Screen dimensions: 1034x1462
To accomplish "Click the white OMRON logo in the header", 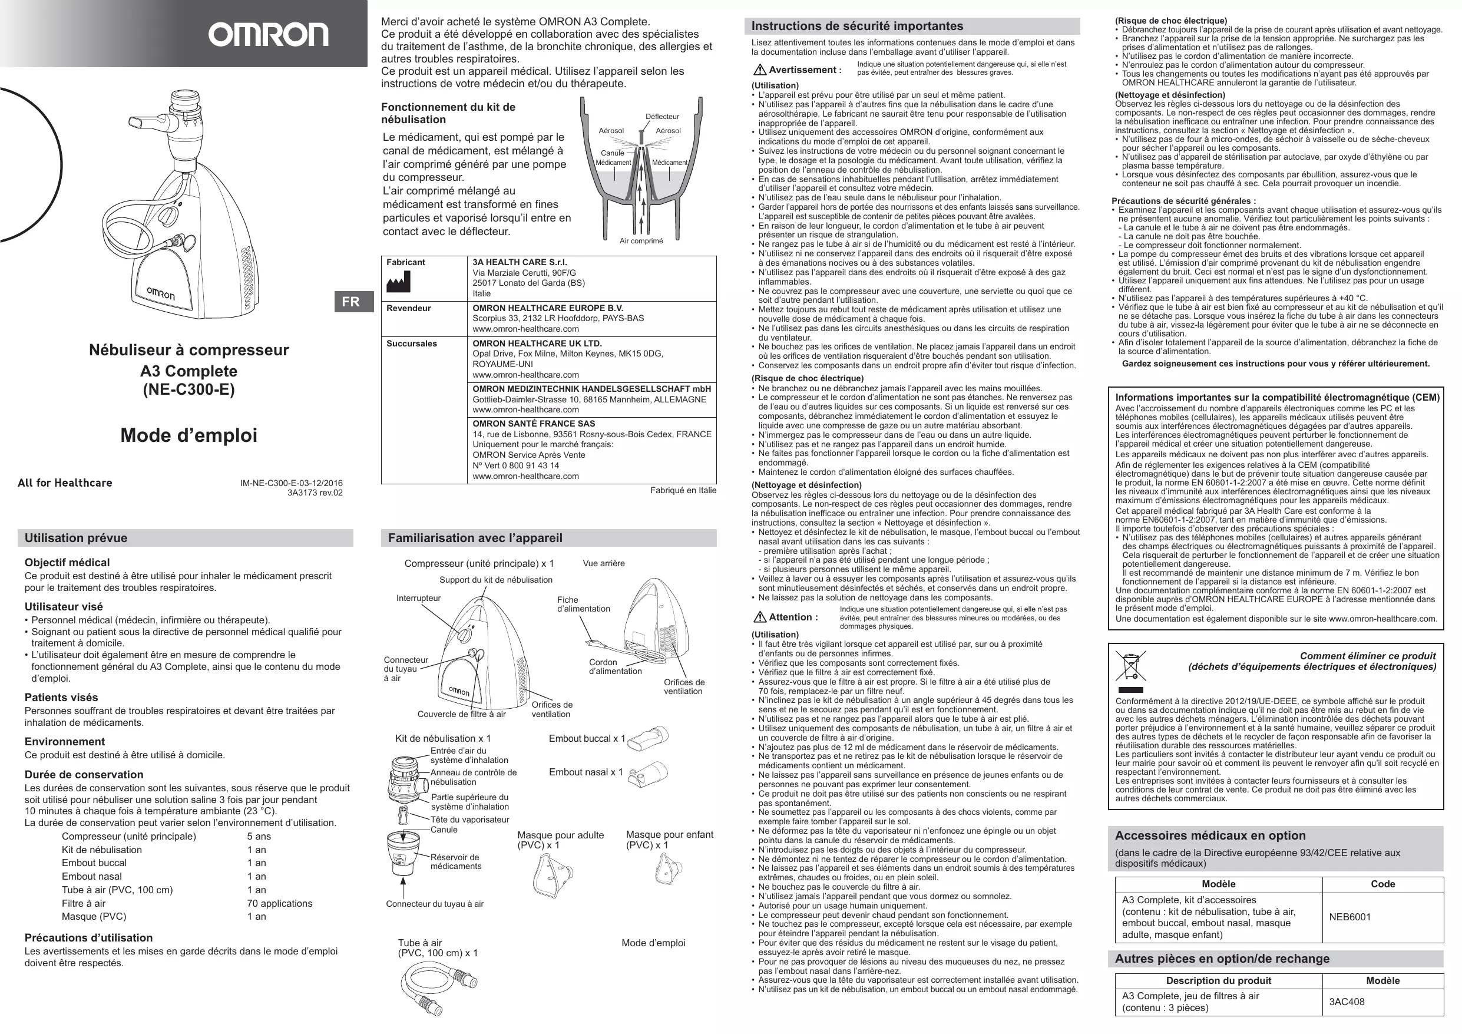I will tap(268, 35).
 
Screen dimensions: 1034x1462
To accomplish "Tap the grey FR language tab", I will tap(352, 301).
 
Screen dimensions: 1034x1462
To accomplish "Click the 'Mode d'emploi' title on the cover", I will tap(189, 435).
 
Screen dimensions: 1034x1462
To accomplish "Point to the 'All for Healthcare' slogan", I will tap(65, 483).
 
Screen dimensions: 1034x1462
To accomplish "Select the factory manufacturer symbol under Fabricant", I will tap(399, 281).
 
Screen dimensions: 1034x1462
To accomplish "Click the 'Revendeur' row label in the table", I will tap(409, 308).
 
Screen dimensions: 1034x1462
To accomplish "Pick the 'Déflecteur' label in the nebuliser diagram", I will tap(662, 117).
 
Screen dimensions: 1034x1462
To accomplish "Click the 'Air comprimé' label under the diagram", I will tap(641, 241).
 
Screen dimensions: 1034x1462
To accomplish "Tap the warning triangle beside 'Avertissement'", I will tap(759, 70).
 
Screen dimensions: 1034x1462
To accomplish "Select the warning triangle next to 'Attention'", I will tap(759, 617).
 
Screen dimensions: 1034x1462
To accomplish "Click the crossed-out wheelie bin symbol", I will tap(1130, 666).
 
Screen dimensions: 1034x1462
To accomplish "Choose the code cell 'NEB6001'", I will tap(1349, 917).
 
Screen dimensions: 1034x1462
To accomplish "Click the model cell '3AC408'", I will tap(1347, 1002).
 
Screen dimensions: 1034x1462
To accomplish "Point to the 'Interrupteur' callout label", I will tap(418, 598).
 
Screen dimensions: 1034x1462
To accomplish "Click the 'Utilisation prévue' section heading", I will tap(76, 538).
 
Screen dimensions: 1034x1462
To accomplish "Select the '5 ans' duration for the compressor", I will tap(259, 837).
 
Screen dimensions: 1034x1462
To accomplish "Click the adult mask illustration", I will tap(552, 874).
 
